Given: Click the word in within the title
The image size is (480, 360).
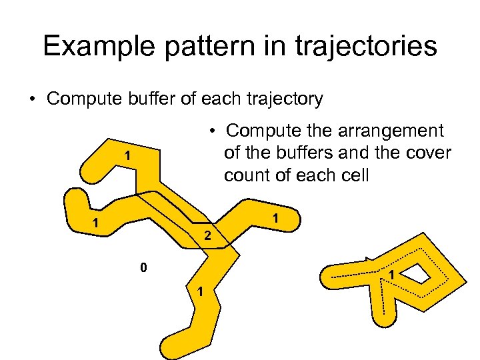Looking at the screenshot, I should [x=259, y=46].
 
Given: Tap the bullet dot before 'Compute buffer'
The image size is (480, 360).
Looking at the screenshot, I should [x=32, y=100].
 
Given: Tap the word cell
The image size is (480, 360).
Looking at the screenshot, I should [x=353, y=176].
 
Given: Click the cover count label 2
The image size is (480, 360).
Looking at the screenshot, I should [x=207, y=235].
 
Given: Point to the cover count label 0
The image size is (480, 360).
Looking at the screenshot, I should [x=143, y=268].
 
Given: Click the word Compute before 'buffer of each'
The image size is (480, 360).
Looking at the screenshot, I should [x=81, y=99].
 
